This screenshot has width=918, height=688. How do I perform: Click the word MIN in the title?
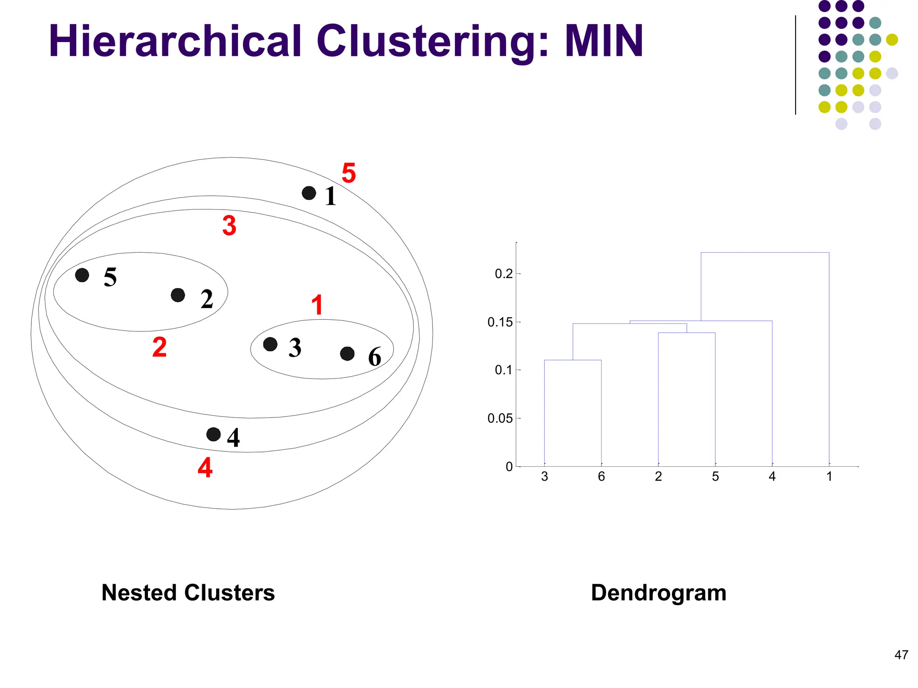point(603,41)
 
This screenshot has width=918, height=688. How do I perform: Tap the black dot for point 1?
point(309,193)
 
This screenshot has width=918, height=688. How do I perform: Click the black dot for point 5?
point(82,275)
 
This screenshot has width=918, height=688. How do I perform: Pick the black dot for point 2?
point(178,295)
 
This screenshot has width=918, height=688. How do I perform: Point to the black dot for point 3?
point(270,344)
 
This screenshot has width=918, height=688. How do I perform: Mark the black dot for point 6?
point(347,354)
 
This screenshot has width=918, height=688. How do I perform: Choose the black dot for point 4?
point(213,434)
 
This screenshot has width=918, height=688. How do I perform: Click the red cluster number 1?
point(317,305)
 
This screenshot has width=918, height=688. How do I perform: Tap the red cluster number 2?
point(160,347)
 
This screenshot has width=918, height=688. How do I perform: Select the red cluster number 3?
point(229,225)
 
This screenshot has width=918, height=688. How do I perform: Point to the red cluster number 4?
point(205,468)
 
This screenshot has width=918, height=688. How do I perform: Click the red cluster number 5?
point(349,173)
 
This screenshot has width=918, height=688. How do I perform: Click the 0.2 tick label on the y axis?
point(503,274)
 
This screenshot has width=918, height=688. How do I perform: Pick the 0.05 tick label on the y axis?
point(500,418)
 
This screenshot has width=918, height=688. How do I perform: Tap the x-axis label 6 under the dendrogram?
point(602,477)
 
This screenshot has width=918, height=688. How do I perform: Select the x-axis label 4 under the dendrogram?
point(772,477)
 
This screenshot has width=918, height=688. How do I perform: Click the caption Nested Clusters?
point(188,593)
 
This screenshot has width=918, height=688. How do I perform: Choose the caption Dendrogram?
point(658,593)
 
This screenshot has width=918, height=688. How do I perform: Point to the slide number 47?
point(901,655)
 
